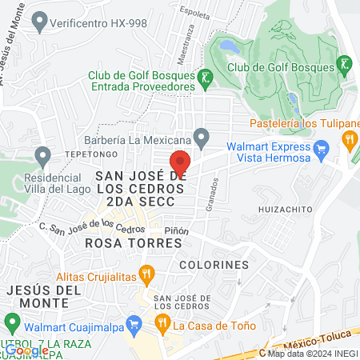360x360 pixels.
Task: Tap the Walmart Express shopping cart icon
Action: pos(322,147)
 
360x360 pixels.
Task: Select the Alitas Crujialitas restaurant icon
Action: pos(146,274)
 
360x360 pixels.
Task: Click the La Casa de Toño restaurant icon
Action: pos(162,325)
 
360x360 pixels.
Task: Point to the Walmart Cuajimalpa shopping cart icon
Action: pos(134,325)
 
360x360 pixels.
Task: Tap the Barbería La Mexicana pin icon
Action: pos(202,137)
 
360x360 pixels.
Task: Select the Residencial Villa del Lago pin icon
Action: pos(42,154)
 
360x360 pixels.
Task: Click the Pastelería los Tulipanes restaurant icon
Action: pos(350,139)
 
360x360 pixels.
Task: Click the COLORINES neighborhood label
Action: pos(214,264)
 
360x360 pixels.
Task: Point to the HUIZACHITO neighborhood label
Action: pos(286,209)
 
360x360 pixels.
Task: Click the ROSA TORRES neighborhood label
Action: pos(128,242)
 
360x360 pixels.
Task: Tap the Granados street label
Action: pos(214,190)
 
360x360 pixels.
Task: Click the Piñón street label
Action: pos(176,231)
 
